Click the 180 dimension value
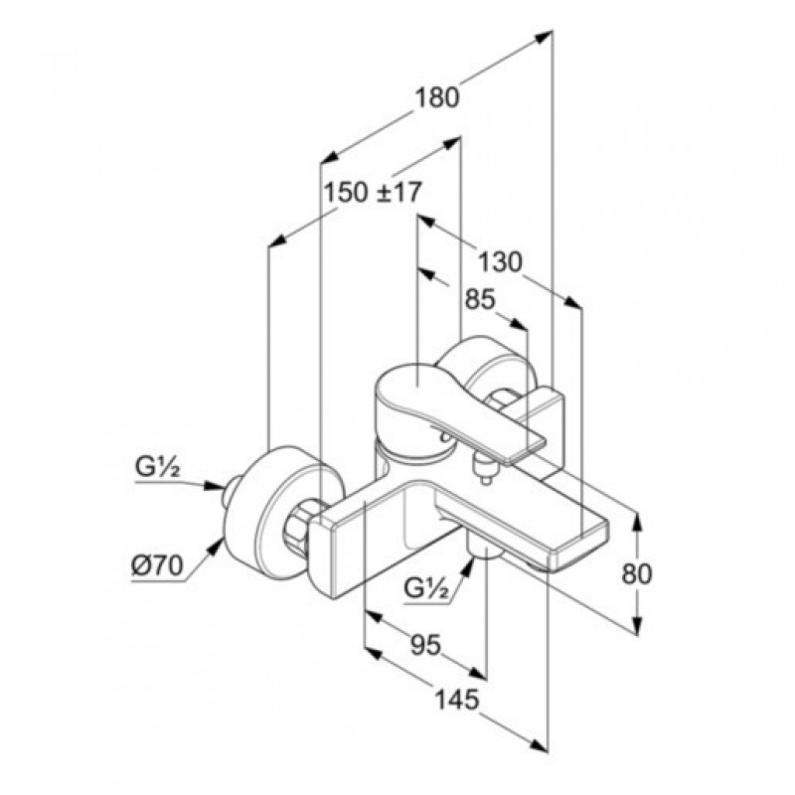(x=437, y=97)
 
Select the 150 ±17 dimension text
(x=373, y=193)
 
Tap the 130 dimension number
(x=500, y=262)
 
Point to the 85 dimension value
(x=480, y=300)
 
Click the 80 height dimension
(x=636, y=574)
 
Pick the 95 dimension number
(x=426, y=645)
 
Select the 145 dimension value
(x=457, y=700)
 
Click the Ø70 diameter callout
(x=156, y=566)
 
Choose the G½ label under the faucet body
(x=427, y=589)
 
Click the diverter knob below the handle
(x=483, y=468)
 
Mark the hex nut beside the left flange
(x=299, y=528)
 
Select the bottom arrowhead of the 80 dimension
(x=638, y=625)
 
